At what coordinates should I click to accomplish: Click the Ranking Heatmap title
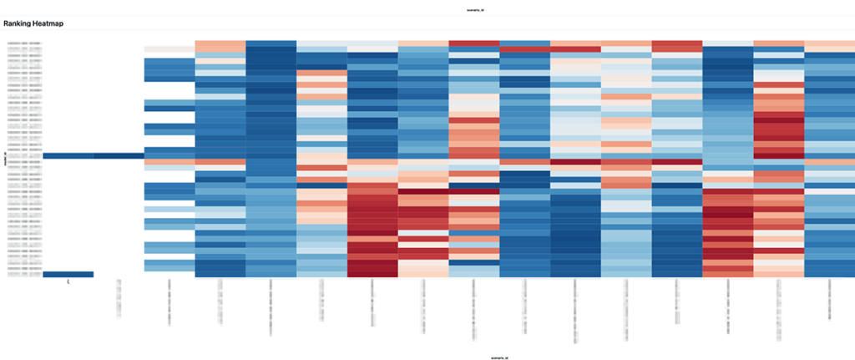33,23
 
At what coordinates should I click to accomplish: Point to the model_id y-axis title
5,159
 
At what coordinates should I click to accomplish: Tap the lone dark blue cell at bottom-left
68,274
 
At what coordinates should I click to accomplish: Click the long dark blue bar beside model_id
94,155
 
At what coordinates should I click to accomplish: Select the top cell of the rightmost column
829,43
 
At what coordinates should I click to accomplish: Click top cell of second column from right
778,43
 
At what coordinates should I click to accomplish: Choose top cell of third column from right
727,43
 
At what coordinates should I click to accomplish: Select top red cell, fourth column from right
676,45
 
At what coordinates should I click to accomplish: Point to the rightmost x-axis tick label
829,301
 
